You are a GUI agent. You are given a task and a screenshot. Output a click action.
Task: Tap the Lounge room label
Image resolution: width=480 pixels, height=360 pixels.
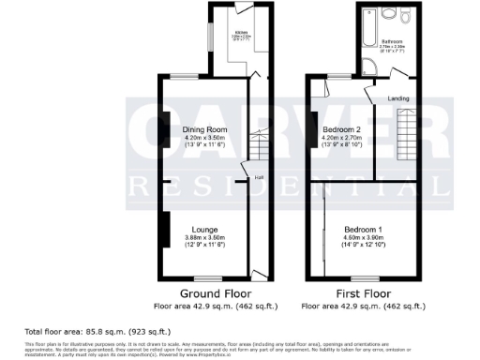(204, 229)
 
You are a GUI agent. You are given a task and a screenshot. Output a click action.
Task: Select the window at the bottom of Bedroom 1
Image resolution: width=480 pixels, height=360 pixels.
(357, 278)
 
